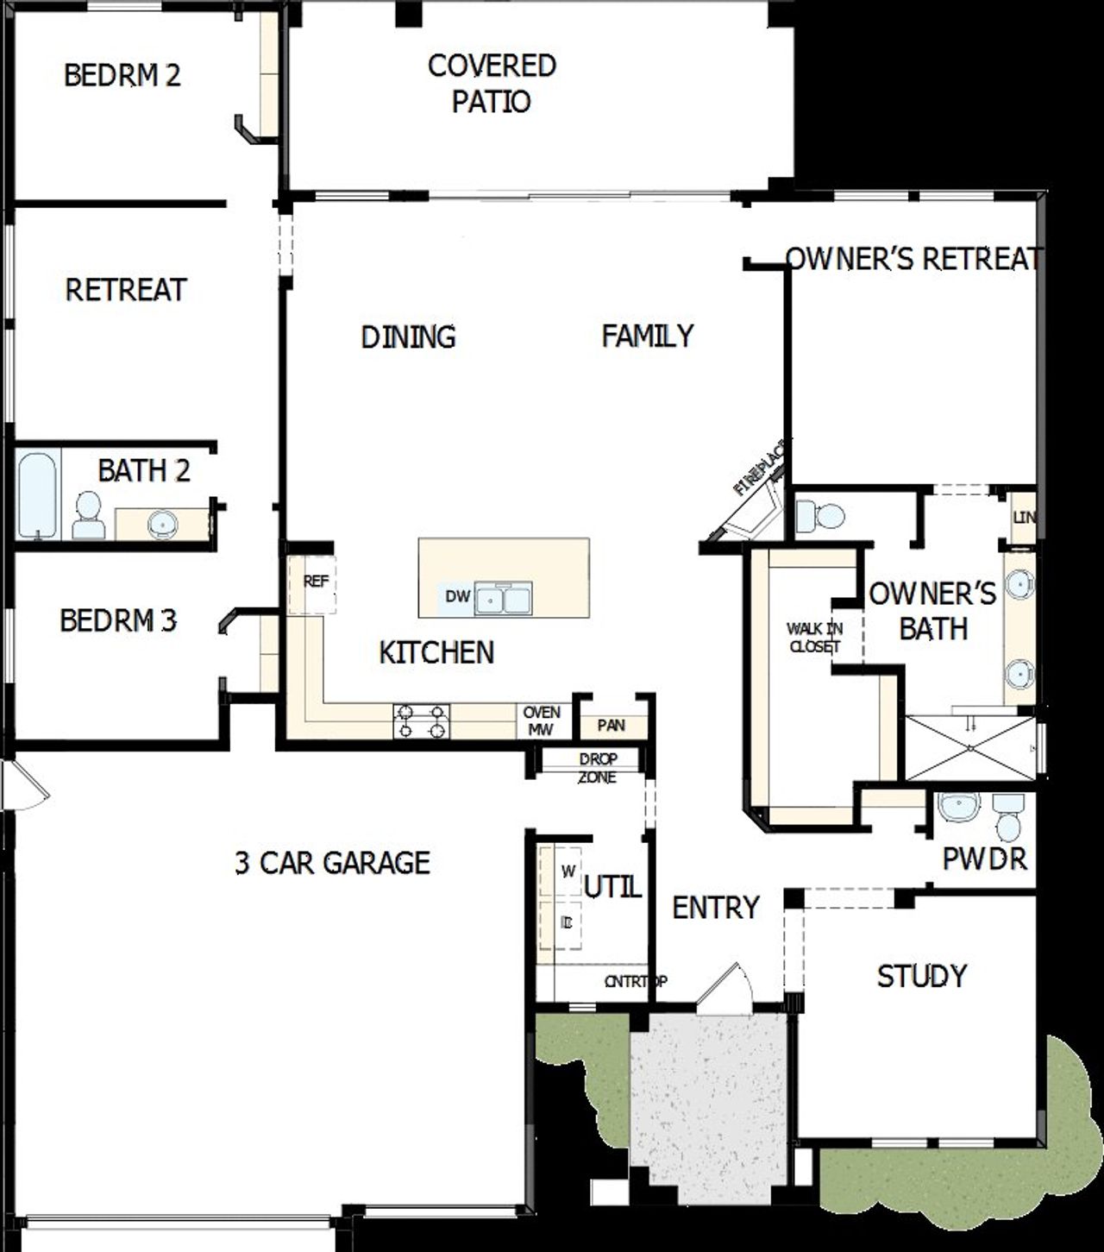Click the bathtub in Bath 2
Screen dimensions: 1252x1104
pos(37,495)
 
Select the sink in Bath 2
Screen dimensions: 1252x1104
pos(161,522)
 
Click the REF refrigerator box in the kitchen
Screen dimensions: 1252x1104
pos(315,582)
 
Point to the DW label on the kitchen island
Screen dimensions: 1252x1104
pos(457,596)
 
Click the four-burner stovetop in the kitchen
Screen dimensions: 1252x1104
pos(422,721)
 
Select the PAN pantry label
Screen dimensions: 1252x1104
pos(612,726)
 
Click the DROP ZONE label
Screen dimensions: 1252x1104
pos(598,768)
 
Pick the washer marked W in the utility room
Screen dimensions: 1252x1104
pos(567,871)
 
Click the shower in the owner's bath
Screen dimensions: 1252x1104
pos(969,748)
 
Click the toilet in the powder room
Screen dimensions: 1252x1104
pos(1007,816)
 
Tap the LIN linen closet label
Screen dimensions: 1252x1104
pos(1024,518)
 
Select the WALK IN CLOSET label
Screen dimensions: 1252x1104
pos(814,638)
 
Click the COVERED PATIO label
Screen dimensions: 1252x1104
pos(492,84)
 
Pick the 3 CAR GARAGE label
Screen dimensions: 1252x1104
pos(332,863)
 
